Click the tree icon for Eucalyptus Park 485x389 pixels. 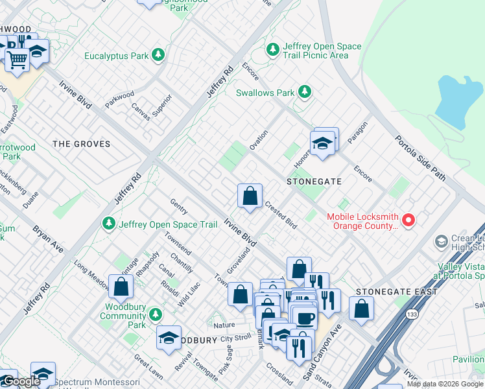158,56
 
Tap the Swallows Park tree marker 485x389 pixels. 304,93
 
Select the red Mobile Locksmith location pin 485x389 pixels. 408,221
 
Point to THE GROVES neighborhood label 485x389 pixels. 81,144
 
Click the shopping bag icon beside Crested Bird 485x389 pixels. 250,196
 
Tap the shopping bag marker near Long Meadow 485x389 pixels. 121,285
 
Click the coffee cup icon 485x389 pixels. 305,318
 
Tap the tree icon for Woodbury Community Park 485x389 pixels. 154,314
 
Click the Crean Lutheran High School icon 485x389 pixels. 441,242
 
